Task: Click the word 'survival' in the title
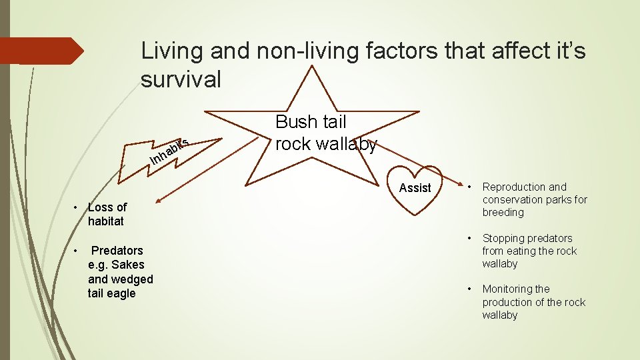[180, 79]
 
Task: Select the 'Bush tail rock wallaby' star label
[326, 133]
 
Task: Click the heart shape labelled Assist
[415, 188]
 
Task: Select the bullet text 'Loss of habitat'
[107, 214]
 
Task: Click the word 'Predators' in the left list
[117, 251]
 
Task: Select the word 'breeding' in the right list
[503, 212]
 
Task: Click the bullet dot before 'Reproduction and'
[469, 186]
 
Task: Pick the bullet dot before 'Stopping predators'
[469, 237]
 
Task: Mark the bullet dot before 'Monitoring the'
[469, 288]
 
